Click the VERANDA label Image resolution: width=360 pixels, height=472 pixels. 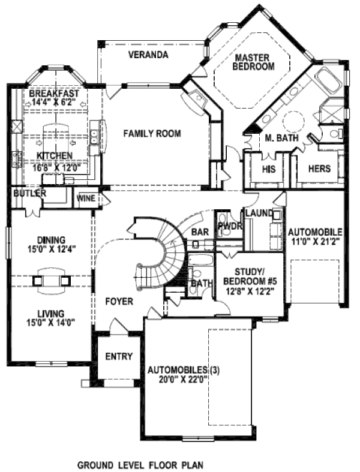148,55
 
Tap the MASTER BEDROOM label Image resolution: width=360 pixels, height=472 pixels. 254,62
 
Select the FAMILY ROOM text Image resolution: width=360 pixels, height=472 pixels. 152,134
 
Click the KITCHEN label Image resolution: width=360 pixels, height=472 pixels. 55,156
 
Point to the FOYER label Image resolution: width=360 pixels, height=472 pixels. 119,301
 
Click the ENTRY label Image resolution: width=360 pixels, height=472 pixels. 119,356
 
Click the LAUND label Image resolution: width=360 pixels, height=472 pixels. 259,213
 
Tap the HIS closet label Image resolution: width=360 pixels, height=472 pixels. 268,169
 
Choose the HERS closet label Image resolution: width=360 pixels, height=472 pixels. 319,169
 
